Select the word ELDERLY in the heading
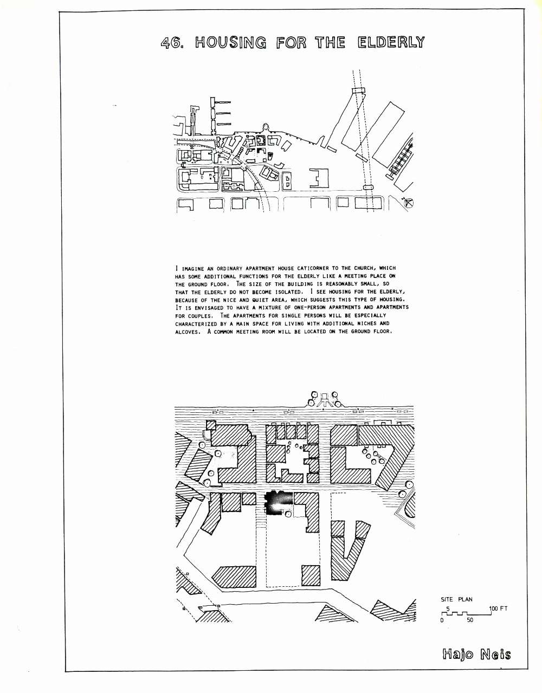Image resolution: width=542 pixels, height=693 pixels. [391, 43]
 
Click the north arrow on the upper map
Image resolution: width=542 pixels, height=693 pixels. [408, 203]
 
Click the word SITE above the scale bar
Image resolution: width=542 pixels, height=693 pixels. [447, 599]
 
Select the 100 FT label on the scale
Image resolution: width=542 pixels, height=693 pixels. [498, 608]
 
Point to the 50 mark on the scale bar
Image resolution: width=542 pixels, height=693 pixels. [470, 620]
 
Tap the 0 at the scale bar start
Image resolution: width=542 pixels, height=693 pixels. [442, 620]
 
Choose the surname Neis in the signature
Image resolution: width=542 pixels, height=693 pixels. [495, 654]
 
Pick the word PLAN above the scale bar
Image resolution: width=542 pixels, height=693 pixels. [465, 599]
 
